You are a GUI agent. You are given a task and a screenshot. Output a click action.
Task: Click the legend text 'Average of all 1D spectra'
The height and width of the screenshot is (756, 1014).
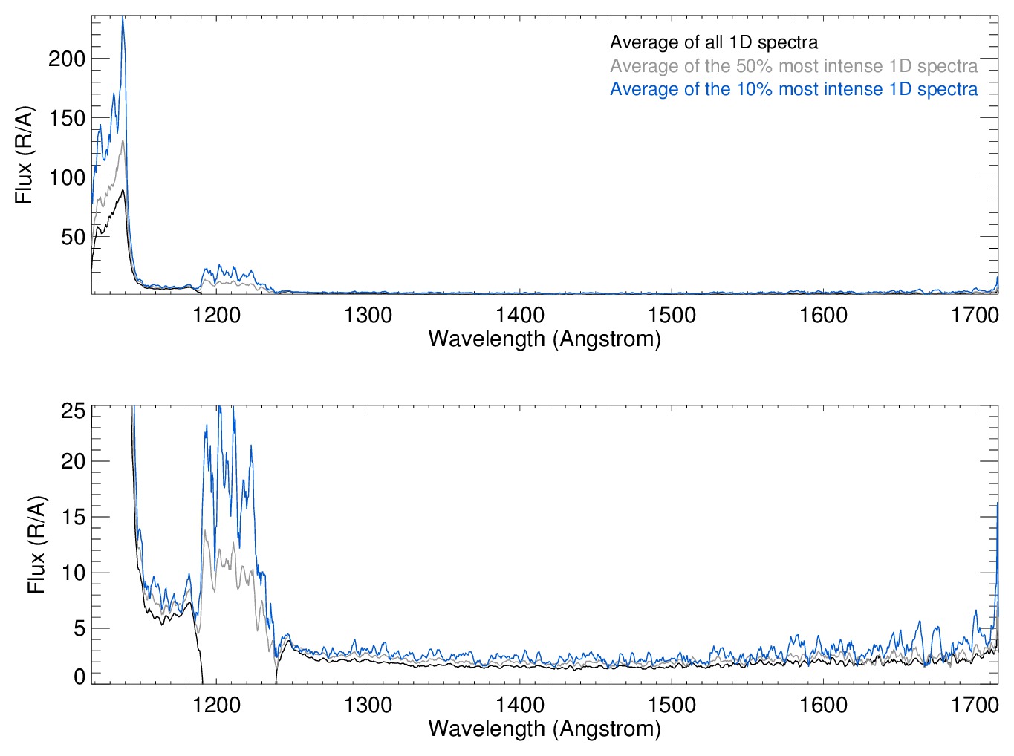(x=714, y=42)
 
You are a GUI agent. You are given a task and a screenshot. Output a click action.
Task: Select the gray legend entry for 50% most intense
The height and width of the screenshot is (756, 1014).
(x=793, y=66)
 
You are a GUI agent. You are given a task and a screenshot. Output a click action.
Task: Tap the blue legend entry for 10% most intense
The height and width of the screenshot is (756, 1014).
(x=793, y=89)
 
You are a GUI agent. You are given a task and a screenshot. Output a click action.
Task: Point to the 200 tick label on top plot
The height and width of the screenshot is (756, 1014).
(x=67, y=59)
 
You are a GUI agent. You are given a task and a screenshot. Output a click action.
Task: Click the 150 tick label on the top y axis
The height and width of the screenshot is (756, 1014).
(x=67, y=118)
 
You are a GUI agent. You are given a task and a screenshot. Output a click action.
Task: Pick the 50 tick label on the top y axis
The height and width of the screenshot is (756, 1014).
(x=73, y=237)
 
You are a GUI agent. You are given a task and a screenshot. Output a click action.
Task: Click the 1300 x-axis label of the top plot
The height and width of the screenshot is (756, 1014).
(x=368, y=315)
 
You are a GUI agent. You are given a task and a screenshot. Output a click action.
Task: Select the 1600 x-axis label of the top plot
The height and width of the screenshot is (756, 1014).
(x=823, y=315)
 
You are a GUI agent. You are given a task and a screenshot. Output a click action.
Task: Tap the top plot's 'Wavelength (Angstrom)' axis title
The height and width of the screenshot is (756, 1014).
(x=545, y=339)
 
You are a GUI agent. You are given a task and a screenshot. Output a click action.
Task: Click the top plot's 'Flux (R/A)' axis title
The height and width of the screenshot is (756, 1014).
(x=24, y=154)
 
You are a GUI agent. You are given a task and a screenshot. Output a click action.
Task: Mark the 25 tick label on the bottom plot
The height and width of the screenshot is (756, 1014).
(x=73, y=411)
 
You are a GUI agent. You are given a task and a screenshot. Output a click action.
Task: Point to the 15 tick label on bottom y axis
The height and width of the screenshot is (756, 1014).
(x=73, y=517)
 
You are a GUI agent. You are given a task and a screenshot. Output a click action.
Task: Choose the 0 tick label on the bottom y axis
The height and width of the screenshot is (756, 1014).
(x=79, y=677)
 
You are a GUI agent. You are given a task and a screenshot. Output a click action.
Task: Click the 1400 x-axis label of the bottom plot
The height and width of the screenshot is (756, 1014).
(x=520, y=704)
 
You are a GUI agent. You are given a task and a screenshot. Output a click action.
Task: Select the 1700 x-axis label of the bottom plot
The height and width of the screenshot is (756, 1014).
(x=975, y=704)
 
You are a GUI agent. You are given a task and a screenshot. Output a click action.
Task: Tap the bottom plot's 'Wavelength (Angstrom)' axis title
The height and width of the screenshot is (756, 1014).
(x=545, y=729)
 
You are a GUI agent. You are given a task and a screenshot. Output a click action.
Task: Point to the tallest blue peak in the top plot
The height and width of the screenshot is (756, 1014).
(x=123, y=18)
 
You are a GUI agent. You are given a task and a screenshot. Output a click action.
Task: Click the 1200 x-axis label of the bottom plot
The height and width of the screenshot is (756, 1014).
(x=216, y=704)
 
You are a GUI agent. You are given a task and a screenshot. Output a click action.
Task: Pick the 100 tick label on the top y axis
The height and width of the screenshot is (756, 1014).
(x=67, y=177)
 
